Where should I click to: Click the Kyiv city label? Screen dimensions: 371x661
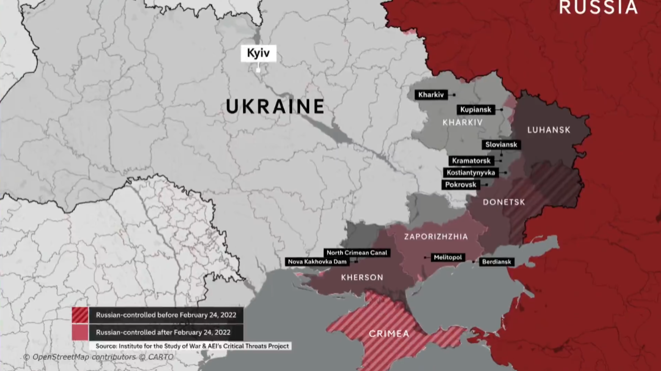[258, 53]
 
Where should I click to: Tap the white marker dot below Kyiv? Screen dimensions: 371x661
[258, 70]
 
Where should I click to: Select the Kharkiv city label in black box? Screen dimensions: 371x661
[431, 95]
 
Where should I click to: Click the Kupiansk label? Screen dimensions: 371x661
[476, 110]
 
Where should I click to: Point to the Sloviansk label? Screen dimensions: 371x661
[501, 145]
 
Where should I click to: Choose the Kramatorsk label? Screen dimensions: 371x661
[471, 161]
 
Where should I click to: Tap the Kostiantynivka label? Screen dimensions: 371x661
[470, 173]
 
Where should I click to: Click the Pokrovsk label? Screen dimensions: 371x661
[460, 185]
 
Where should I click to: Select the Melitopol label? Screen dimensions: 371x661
[448, 258]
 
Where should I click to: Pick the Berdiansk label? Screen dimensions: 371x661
[496, 262]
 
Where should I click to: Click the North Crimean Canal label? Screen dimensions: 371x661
[357, 253]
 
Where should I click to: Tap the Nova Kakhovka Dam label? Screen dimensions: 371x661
[317, 262]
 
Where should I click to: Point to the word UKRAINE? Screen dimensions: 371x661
[275, 107]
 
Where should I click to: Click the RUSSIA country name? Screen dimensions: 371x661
[598, 7]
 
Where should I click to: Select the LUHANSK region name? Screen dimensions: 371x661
[549, 130]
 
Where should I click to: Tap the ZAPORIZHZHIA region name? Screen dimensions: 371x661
[436, 236]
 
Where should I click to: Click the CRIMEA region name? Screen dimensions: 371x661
[389, 334]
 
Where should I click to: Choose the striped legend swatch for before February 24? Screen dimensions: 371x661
[80, 315]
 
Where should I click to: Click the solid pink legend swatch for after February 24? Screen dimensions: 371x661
[80, 332]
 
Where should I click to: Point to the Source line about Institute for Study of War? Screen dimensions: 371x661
[192, 346]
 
